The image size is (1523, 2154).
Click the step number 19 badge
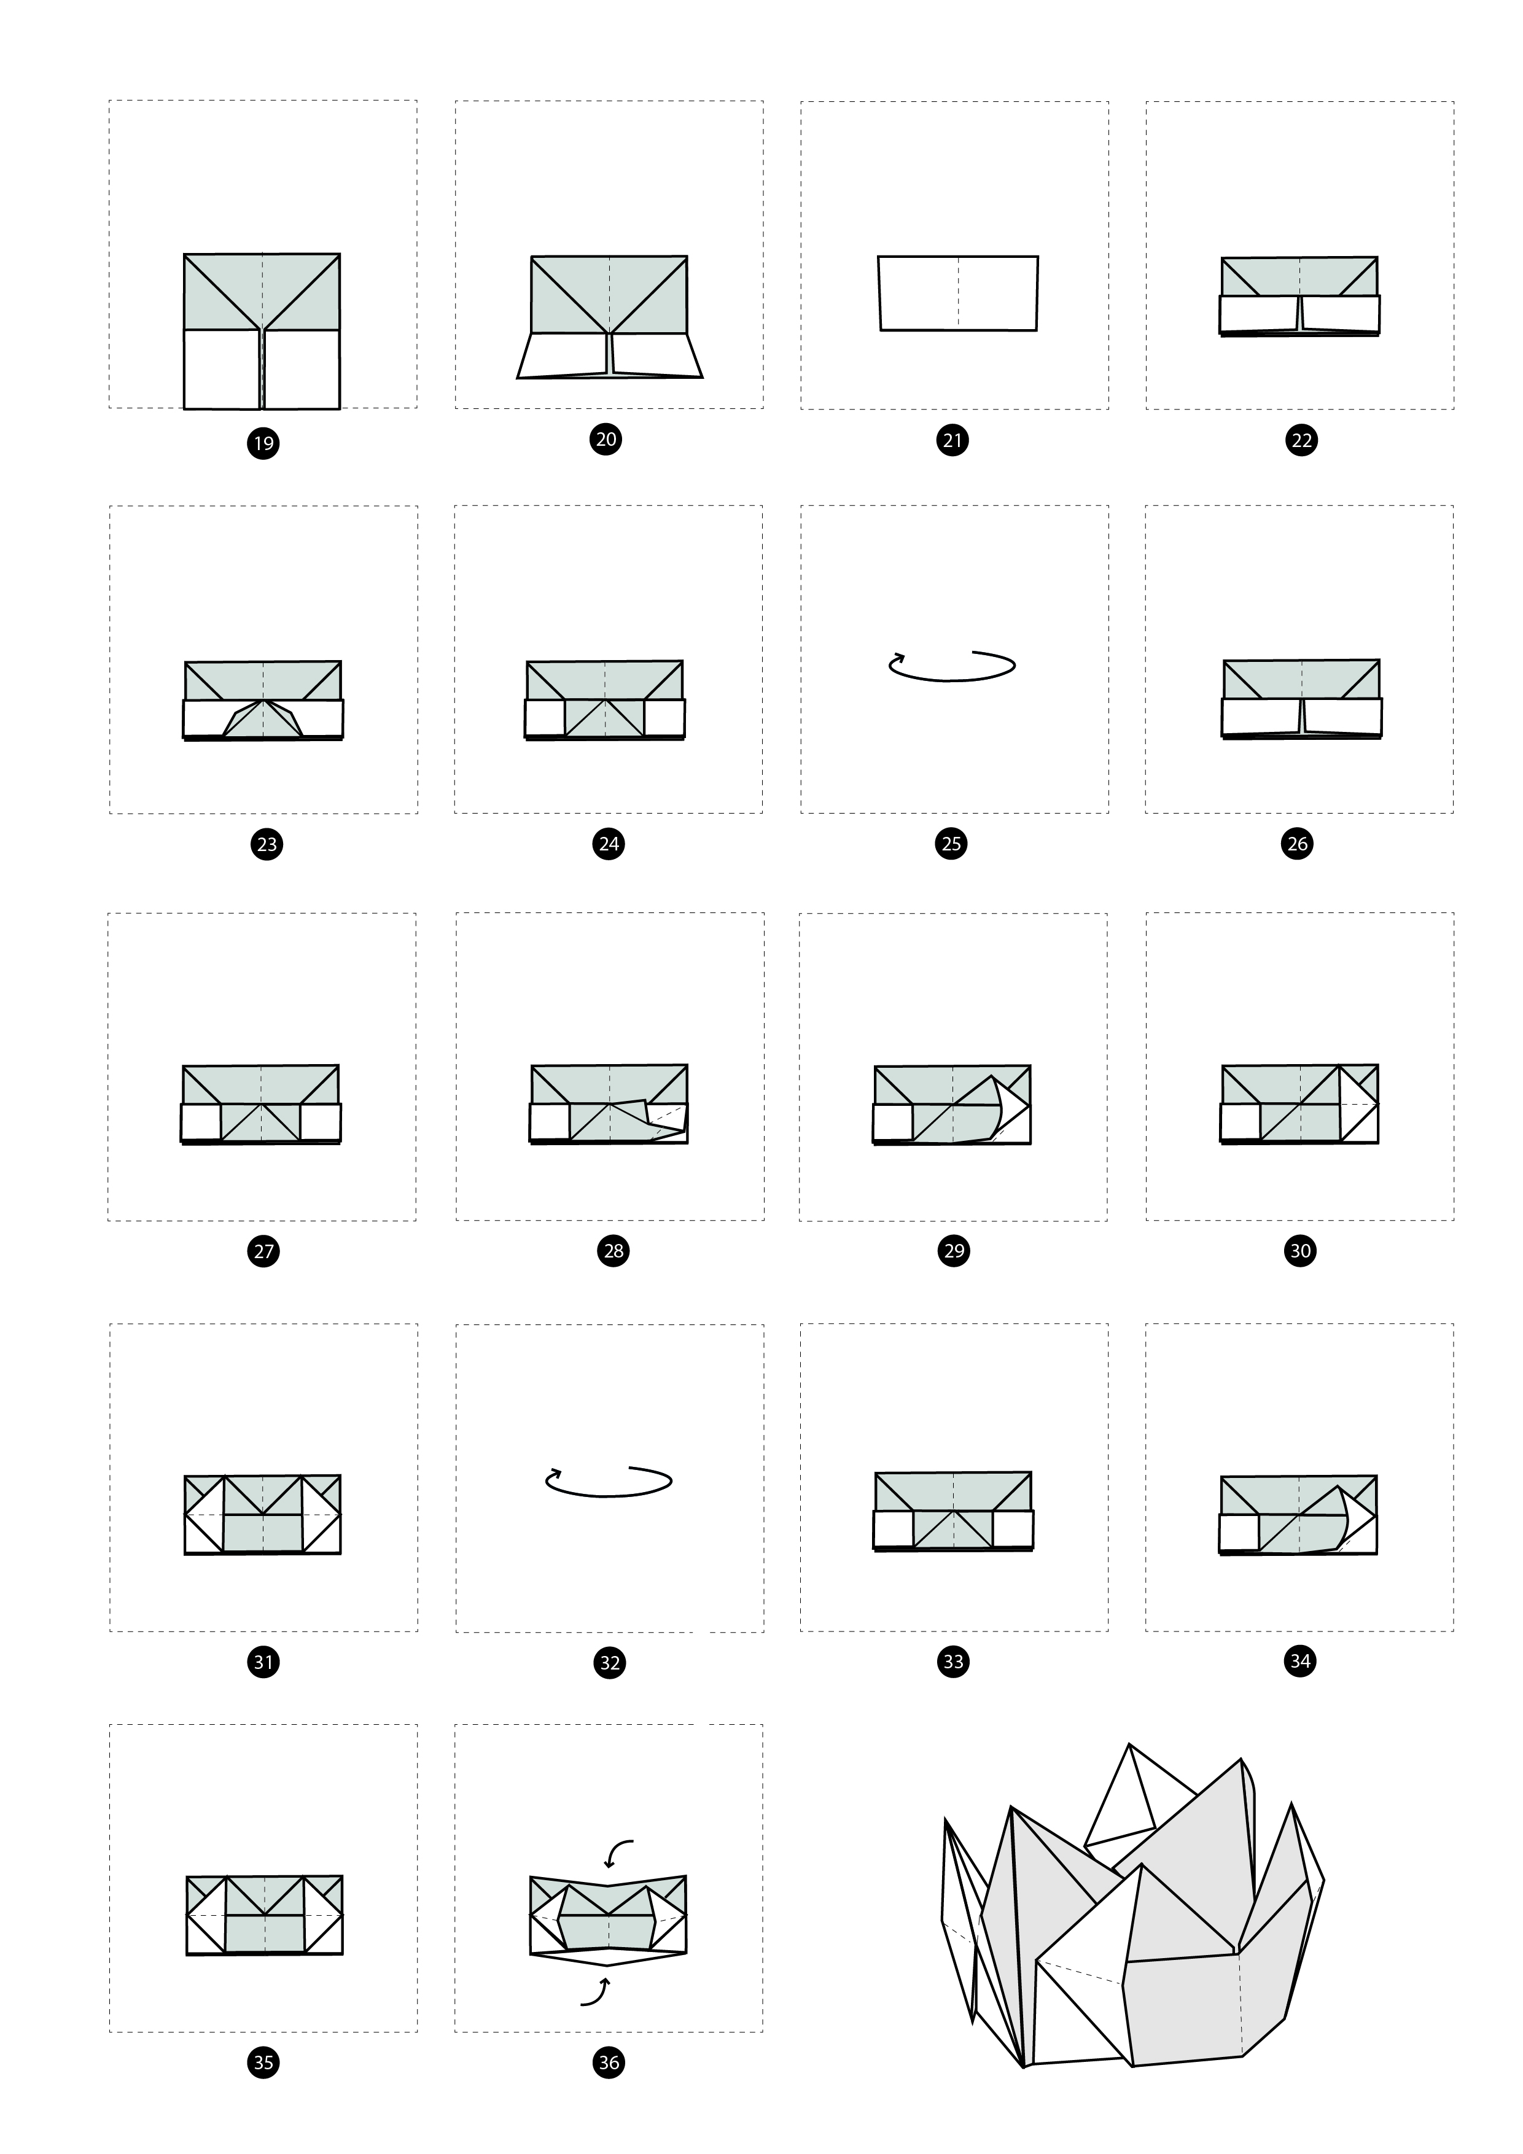(x=263, y=443)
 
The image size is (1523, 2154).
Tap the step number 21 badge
(x=952, y=440)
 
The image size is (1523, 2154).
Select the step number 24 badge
(x=609, y=844)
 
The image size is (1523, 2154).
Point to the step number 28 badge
(x=613, y=1251)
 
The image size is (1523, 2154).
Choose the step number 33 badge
(x=953, y=1662)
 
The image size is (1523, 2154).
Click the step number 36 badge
(x=609, y=2061)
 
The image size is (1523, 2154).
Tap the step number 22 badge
(x=1301, y=440)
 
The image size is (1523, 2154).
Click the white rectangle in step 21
(x=958, y=293)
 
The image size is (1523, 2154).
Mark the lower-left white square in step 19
(x=222, y=368)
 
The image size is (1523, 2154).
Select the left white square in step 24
(x=545, y=718)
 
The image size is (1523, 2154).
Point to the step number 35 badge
(x=263, y=2061)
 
